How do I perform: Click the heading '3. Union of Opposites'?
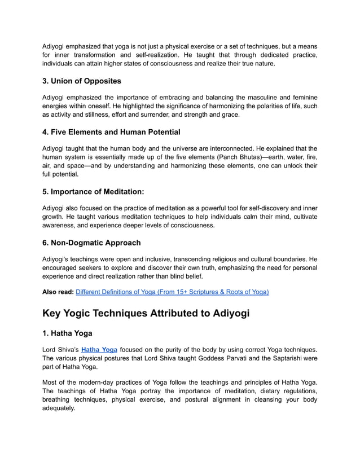click(x=82, y=81)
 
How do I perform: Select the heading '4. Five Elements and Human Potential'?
click(x=112, y=132)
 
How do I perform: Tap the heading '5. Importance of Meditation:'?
click(x=94, y=191)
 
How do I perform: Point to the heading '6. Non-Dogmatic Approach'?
click(x=92, y=243)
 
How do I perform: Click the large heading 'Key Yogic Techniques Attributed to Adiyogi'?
click(x=146, y=313)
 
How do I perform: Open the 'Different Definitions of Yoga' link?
click(x=172, y=292)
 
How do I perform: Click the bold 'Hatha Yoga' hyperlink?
click(x=99, y=350)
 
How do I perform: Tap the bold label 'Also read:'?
click(x=58, y=292)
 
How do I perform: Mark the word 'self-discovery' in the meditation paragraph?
click(x=264, y=208)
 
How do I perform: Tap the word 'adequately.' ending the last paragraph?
click(x=59, y=408)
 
